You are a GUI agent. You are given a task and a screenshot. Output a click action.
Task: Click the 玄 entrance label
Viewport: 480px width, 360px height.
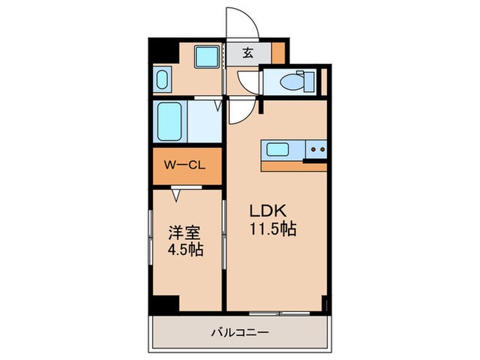pyautogui.click(x=248, y=53)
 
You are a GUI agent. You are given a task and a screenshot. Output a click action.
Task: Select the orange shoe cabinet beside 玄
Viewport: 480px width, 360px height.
pyautogui.click(x=278, y=53)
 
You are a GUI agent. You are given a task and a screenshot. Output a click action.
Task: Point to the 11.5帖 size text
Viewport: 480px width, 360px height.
pyautogui.click(x=272, y=230)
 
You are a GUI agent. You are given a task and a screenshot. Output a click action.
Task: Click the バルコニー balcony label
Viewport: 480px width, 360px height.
pyautogui.click(x=239, y=333)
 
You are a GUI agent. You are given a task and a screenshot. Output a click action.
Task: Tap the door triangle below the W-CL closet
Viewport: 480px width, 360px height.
pyautogui.click(x=177, y=195)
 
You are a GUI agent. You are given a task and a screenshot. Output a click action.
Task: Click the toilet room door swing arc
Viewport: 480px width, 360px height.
pyautogui.click(x=248, y=81)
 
